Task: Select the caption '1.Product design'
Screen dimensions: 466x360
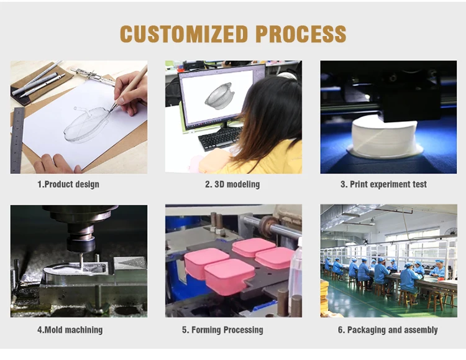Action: coord(68,184)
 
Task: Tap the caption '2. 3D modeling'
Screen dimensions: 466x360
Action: coord(232,184)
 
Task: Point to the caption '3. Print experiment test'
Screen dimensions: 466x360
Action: coord(383,184)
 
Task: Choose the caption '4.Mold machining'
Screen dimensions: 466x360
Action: coord(70,330)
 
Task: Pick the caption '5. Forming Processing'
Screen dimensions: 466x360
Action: coord(222,330)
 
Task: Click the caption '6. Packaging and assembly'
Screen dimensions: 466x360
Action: coord(388,330)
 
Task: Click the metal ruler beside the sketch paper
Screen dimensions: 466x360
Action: coord(17,141)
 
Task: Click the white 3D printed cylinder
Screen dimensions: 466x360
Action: coord(383,137)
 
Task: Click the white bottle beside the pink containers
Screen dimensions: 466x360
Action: coord(296,274)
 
